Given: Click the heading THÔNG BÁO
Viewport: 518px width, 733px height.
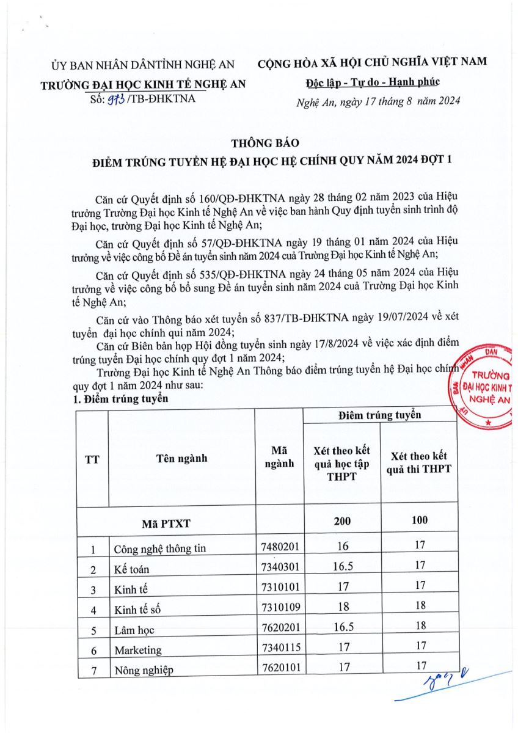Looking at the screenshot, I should coord(264,143).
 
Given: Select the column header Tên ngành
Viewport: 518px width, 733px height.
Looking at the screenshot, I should coord(181,459).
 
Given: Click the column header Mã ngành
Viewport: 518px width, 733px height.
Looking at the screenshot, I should coord(279,456).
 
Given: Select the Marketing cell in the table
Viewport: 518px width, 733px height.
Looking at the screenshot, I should coord(138,650).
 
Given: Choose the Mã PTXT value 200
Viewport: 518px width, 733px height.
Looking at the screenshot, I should coord(342,520).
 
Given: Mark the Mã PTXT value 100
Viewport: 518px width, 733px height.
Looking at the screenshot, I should coord(419,520).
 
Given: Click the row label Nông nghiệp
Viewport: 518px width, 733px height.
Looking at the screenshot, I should coord(144,670).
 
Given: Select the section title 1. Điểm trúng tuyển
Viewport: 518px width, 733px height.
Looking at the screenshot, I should coord(120,398).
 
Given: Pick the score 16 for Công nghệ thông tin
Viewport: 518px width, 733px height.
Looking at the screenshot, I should coord(342,547).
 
